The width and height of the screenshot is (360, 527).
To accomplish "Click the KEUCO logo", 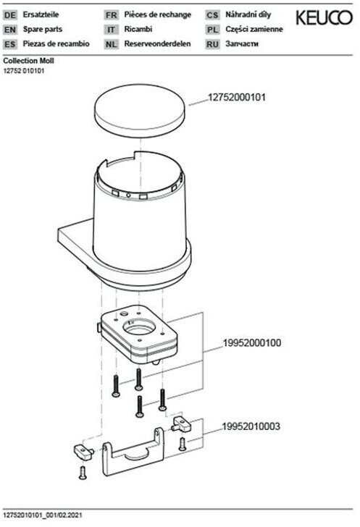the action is tap(324, 18).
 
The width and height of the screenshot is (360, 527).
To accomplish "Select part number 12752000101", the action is tap(237, 98).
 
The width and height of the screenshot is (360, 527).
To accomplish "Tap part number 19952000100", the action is tap(252, 343).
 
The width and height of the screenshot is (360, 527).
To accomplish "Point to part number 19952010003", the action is tap(251, 426).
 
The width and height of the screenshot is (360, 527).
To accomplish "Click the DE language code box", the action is tap(9, 15).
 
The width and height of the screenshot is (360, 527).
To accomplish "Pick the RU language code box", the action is tap(213, 44).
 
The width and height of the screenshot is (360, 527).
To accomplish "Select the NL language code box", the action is tap(111, 44).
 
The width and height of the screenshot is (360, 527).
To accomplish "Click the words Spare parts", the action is tap(43, 29).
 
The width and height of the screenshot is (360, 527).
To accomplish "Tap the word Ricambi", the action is tap(138, 29).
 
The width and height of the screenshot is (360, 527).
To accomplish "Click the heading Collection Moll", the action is tap(28, 61).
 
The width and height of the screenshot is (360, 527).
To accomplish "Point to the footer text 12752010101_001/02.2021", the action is tap(43, 515).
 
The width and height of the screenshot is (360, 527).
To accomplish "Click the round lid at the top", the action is tap(140, 110).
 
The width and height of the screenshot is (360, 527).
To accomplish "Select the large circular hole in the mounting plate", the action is tap(139, 326).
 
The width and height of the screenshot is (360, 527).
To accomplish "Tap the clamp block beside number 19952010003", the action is tap(181, 424).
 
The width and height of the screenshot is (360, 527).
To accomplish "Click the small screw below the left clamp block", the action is tap(83, 472).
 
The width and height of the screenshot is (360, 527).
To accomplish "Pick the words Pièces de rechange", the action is tap(157, 14).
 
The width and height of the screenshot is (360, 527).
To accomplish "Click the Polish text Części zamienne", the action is tap(254, 29).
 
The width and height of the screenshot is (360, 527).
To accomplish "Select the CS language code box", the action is tap(213, 15).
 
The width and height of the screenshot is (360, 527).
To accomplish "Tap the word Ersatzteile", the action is tap(41, 14).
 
